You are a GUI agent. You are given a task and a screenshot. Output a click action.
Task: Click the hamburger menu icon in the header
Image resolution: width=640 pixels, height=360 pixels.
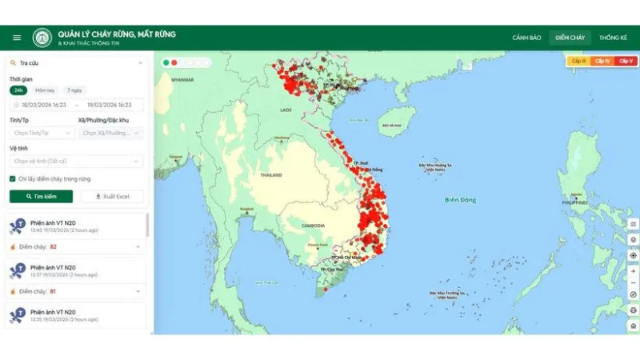point(17,38)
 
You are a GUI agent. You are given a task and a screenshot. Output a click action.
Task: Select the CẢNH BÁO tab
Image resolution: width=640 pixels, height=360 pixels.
point(526,38)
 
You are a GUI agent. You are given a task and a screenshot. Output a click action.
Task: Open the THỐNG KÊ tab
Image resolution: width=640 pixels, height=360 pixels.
point(613,38)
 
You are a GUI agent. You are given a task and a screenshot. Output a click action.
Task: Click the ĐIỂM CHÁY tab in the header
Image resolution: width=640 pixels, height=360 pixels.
point(570,38)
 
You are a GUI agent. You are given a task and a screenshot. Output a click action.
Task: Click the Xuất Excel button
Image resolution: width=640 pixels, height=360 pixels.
point(112,196)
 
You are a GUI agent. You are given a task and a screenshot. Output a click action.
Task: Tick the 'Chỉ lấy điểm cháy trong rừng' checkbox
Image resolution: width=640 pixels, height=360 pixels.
point(13,179)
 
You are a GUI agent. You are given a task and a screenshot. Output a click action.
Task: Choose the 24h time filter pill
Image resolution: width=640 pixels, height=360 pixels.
point(19,90)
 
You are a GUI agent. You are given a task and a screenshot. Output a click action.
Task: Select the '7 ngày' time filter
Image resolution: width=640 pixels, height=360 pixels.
point(74,90)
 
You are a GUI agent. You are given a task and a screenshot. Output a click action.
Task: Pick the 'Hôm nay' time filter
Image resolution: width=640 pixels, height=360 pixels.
point(46,90)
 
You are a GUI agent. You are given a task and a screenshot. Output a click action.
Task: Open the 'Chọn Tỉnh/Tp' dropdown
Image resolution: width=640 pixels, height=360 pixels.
point(41,133)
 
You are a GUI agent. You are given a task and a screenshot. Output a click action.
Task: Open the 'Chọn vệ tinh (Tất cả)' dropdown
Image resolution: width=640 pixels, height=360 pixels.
point(76,161)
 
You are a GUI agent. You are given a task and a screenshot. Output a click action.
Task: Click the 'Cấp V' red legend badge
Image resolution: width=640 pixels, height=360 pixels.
point(626,61)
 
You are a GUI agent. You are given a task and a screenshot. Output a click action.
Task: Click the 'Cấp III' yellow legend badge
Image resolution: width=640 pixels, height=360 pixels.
point(578,61)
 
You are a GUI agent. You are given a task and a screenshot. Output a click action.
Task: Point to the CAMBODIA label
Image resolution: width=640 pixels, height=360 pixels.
point(313,226)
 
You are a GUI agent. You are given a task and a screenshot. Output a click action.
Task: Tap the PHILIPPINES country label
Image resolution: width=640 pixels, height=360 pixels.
point(574,203)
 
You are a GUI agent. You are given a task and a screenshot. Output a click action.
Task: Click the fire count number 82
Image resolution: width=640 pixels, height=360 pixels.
point(53,246)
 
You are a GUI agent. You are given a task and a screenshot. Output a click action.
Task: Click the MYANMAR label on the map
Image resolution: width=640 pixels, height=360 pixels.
point(183,80)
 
